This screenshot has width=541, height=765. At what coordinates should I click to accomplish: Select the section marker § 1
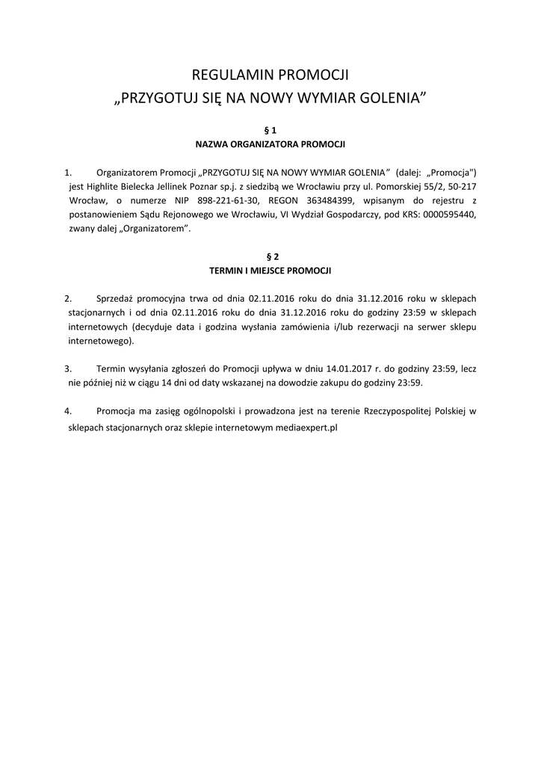(270, 129)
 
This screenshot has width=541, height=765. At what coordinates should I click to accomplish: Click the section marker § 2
(270, 256)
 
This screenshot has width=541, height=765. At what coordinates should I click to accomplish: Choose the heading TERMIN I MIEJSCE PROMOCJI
(270, 270)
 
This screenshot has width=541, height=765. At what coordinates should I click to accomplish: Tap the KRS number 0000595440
(451, 214)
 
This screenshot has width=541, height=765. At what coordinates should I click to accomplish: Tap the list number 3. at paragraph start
(68, 368)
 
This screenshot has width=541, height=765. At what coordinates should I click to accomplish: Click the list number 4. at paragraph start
(68, 411)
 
